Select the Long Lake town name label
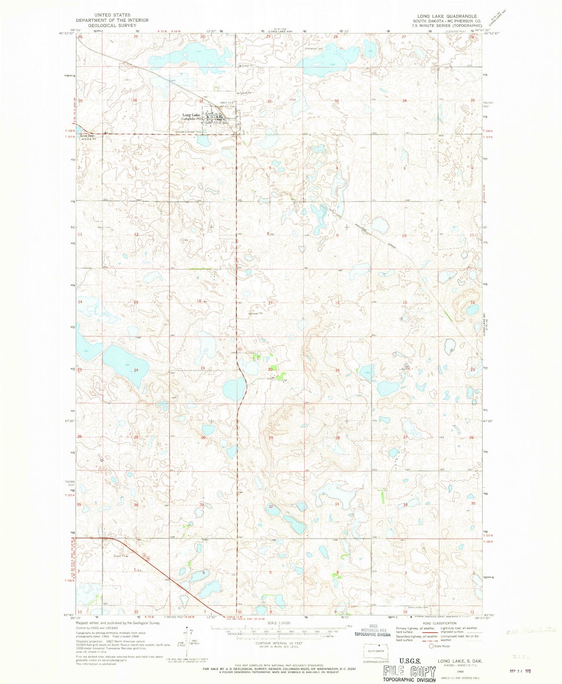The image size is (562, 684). click(191, 115)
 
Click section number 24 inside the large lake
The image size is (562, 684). click(136, 370)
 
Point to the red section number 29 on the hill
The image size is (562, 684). click(271, 438)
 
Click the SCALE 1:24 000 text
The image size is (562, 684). click(279, 623)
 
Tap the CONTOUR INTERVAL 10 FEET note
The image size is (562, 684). click(279, 643)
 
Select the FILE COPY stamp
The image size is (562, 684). click(409, 672)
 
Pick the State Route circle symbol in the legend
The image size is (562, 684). click(431, 646)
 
